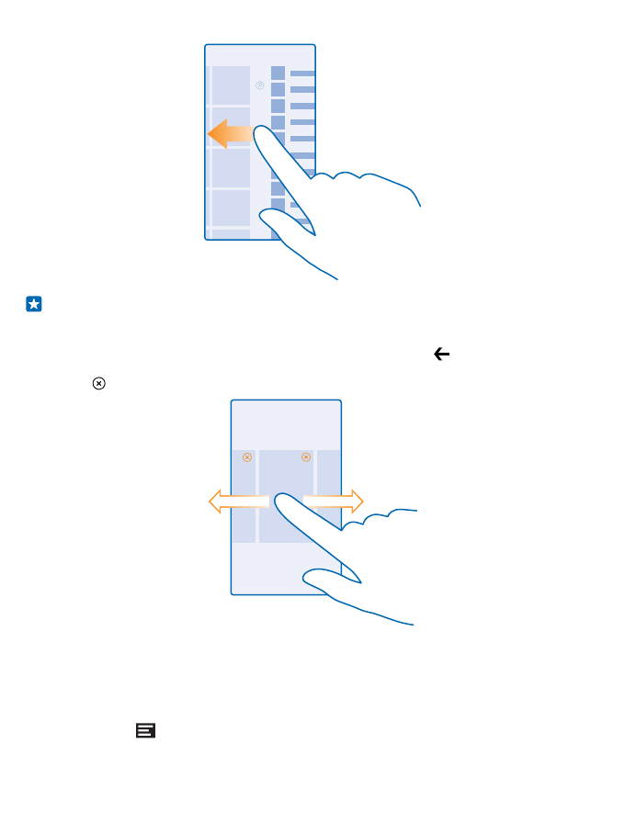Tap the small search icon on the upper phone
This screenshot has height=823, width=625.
coord(259,86)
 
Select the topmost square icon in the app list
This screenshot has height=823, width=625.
coord(278,73)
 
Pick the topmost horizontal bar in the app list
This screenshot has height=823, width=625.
coord(302,73)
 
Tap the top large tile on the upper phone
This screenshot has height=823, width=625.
coord(231,85)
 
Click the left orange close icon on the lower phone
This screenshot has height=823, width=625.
coord(246,457)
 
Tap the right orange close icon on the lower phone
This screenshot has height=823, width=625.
coord(306,457)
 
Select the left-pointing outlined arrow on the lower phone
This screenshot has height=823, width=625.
coord(236,502)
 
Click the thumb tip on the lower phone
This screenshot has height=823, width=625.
coord(310,575)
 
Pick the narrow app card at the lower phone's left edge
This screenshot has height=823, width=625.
coord(243,496)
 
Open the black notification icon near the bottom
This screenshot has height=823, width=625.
coord(145,730)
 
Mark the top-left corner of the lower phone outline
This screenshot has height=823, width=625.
coord(232,400)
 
